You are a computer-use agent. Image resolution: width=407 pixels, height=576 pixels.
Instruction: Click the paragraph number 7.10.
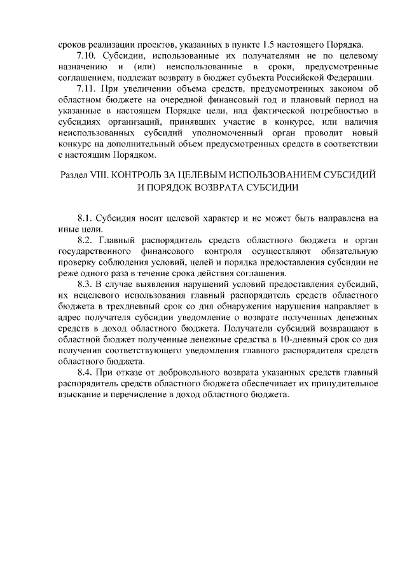(86, 57)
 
